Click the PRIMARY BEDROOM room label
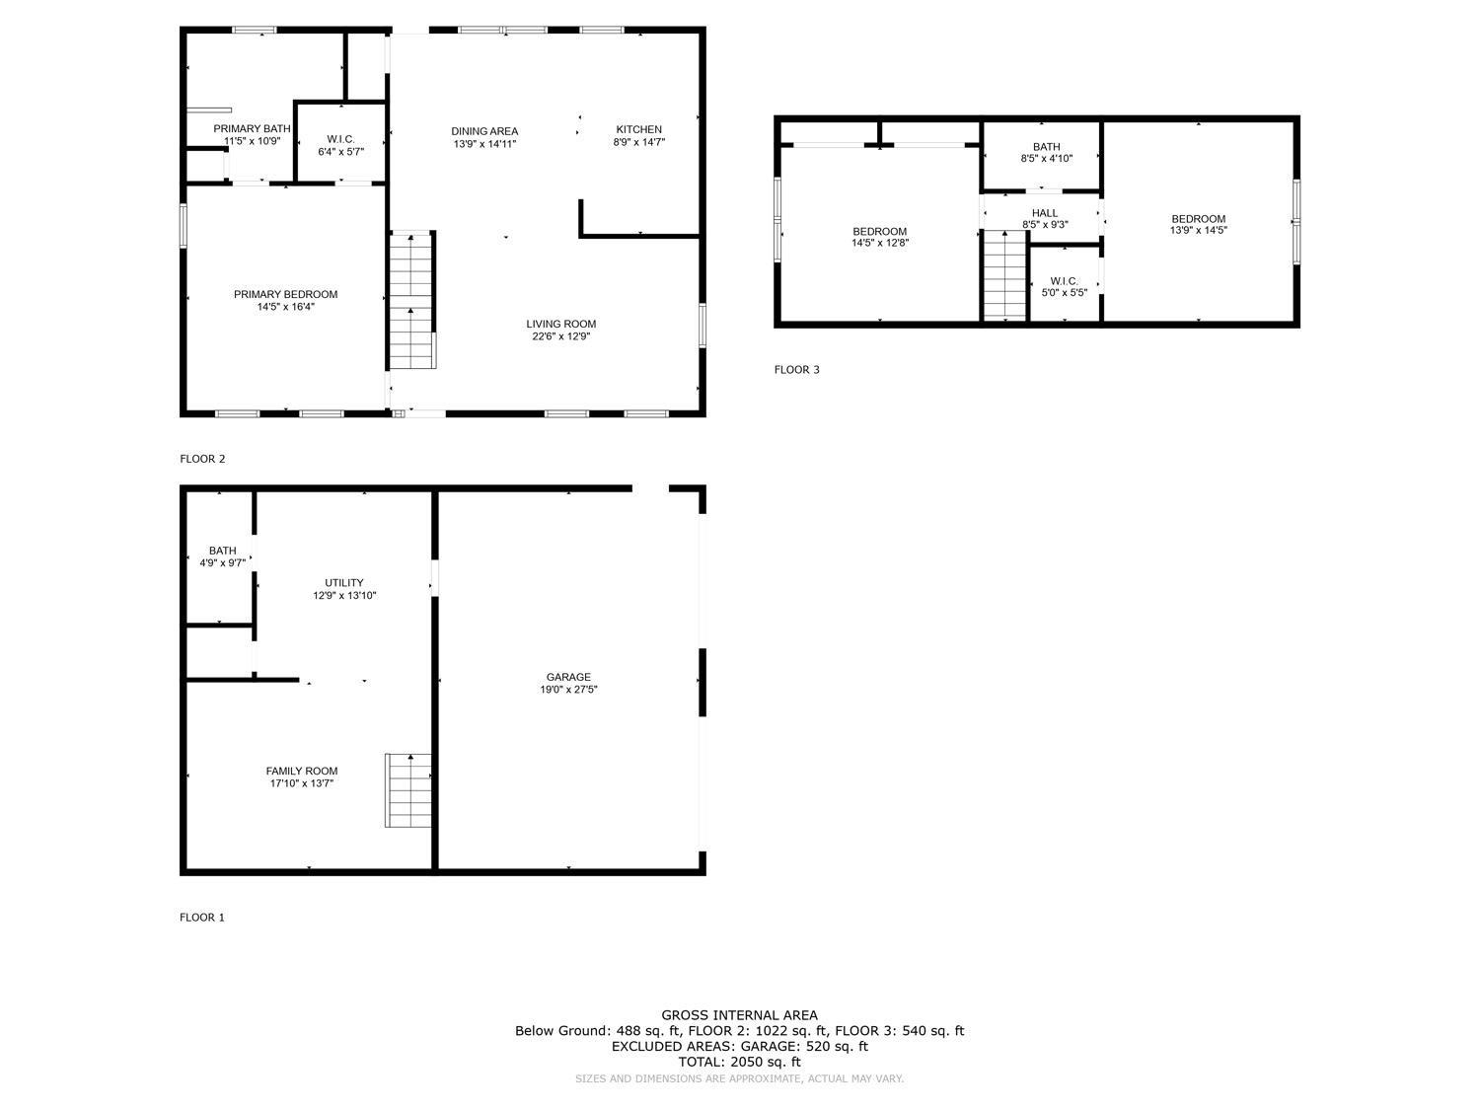click(285, 294)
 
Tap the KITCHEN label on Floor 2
click(638, 129)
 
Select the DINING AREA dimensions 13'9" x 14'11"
click(484, 144)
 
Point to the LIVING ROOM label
click(560, 324)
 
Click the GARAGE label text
click(568, 677)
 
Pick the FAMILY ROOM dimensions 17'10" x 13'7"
click(302, 783)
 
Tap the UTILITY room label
click(344, 582)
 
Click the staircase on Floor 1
click(408, 790)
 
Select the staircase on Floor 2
click(411, 300)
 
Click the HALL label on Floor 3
click(1045, 213)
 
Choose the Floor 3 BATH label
click(1046, 147)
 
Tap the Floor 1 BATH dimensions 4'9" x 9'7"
click(223, 563)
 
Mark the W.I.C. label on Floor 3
click(1065, 281)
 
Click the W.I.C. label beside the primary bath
click(340, 139)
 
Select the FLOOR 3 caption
click(796, 370)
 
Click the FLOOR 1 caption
click(202, 918)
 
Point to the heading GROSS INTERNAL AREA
click(739, 1014)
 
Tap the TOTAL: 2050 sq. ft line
click(739, 1062)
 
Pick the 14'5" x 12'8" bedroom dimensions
click(880, 243)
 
